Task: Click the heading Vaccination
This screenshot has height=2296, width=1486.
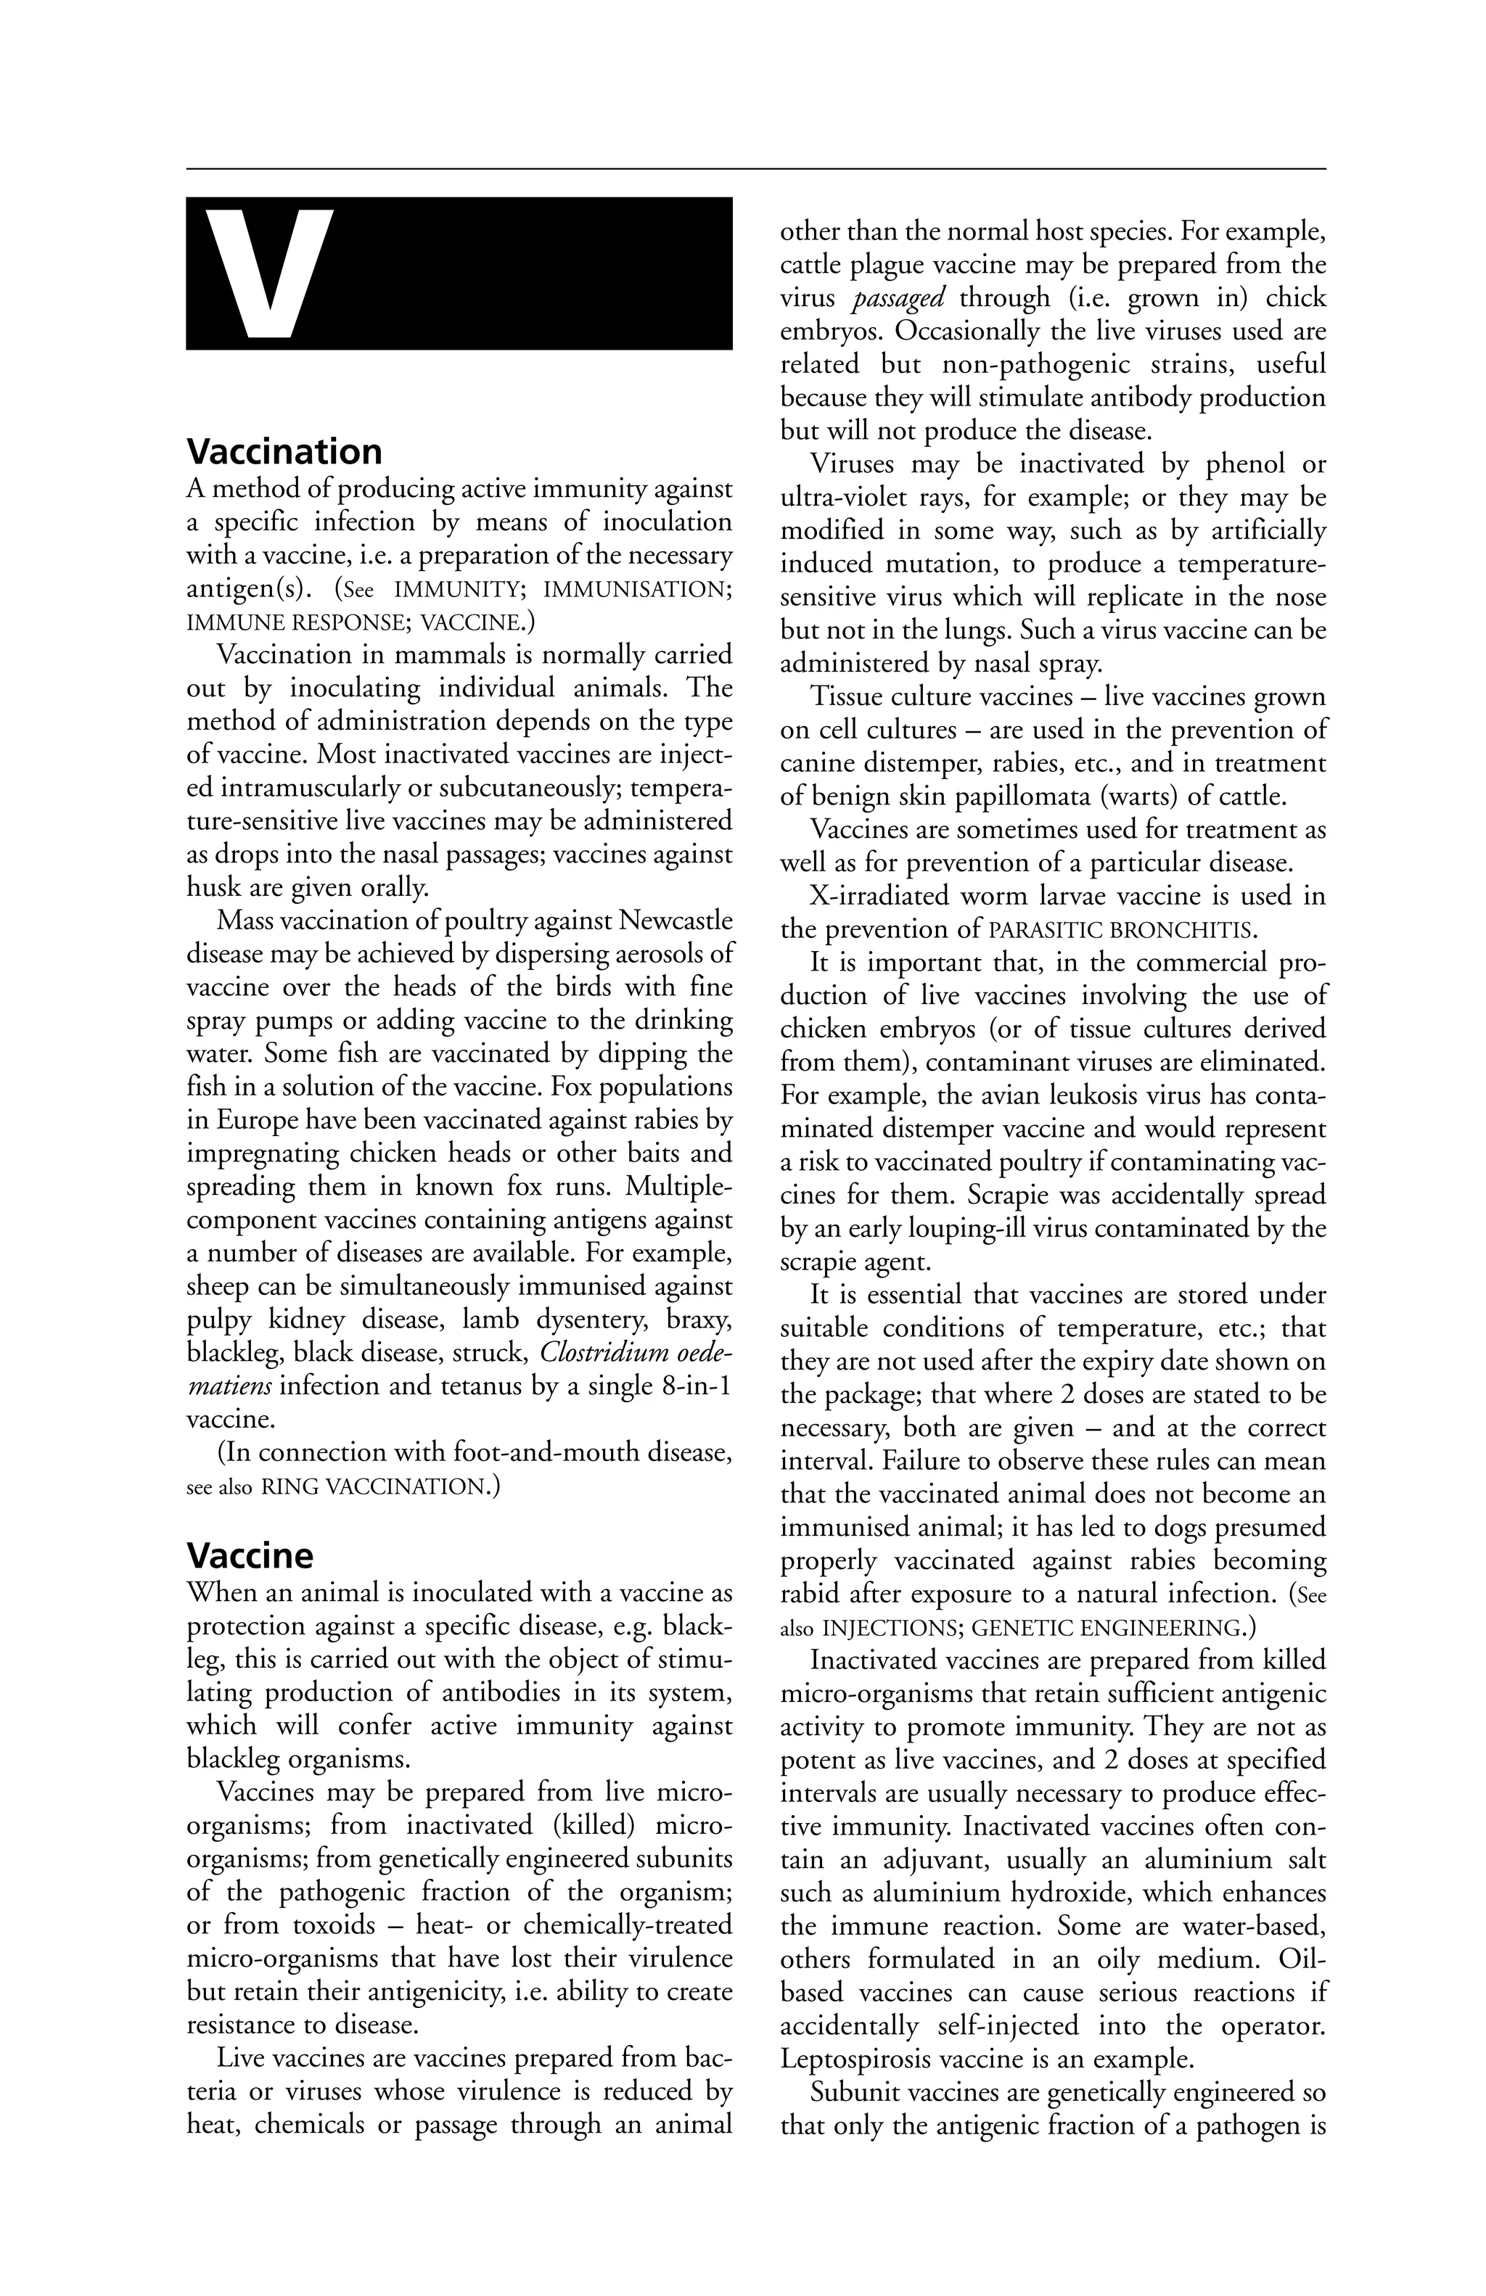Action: tap(284, 451)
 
